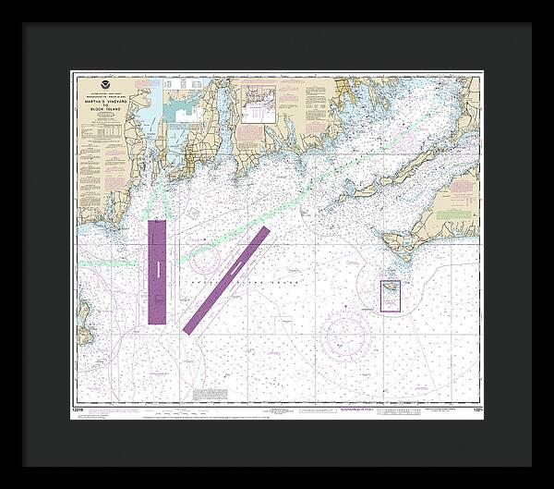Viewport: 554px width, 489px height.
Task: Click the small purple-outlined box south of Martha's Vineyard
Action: coord(391,296)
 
